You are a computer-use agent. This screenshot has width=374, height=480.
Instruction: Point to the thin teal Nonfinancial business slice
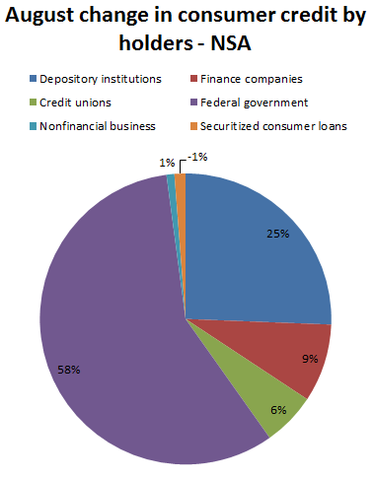pyautogui.click(x=173, y=197)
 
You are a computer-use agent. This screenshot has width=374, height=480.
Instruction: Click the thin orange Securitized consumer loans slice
pyautogui.click(x=181, y=197)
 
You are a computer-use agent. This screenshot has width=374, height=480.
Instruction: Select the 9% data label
pyautogui.click(x=310, y=359)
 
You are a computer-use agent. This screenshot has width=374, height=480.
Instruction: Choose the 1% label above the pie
pyautogui.click(x=168, y=161)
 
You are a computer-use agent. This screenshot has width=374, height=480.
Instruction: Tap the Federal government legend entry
pyautogui.click(x=243, y=102)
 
